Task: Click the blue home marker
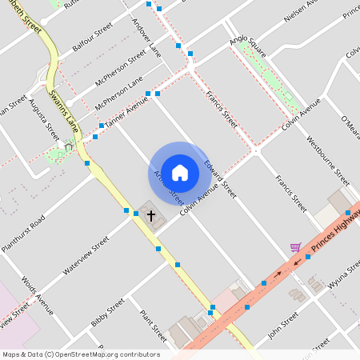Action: pos(180,173)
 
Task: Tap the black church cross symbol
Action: pos(150,216)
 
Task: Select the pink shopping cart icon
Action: pos(295,248)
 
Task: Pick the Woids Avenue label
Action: pos(38,296)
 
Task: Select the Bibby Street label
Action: pos(108,313)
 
